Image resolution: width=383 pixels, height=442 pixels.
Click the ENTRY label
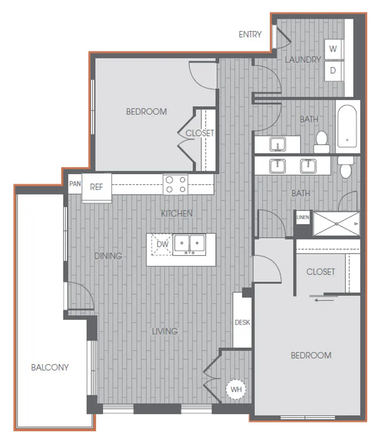point(250,34)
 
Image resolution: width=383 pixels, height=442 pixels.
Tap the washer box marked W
point(333,49)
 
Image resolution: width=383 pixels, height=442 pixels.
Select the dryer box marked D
point(333,70)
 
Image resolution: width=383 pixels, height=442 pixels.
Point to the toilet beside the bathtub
point(322,141)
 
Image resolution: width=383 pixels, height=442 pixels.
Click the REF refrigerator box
point(96,187)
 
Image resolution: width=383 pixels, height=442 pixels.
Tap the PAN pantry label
point(75,183)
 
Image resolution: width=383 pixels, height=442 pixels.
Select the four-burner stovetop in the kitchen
point(175,184)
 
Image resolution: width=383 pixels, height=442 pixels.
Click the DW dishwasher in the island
point(162,244)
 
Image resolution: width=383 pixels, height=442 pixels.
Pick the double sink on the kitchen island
point(189,245)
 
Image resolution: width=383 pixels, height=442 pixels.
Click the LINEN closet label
point(303,217)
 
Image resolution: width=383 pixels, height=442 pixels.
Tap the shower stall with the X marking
point(336,224)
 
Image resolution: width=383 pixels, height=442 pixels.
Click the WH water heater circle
point(236,389)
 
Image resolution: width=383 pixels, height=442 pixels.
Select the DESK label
point(242,322)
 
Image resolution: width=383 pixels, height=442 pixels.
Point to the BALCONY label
point(50,367)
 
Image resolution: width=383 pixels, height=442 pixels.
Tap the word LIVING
point(165,331)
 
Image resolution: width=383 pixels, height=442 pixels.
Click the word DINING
point(108,256)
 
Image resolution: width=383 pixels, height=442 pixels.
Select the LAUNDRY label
point(303,59)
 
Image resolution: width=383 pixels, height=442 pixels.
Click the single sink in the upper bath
point(277,144)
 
